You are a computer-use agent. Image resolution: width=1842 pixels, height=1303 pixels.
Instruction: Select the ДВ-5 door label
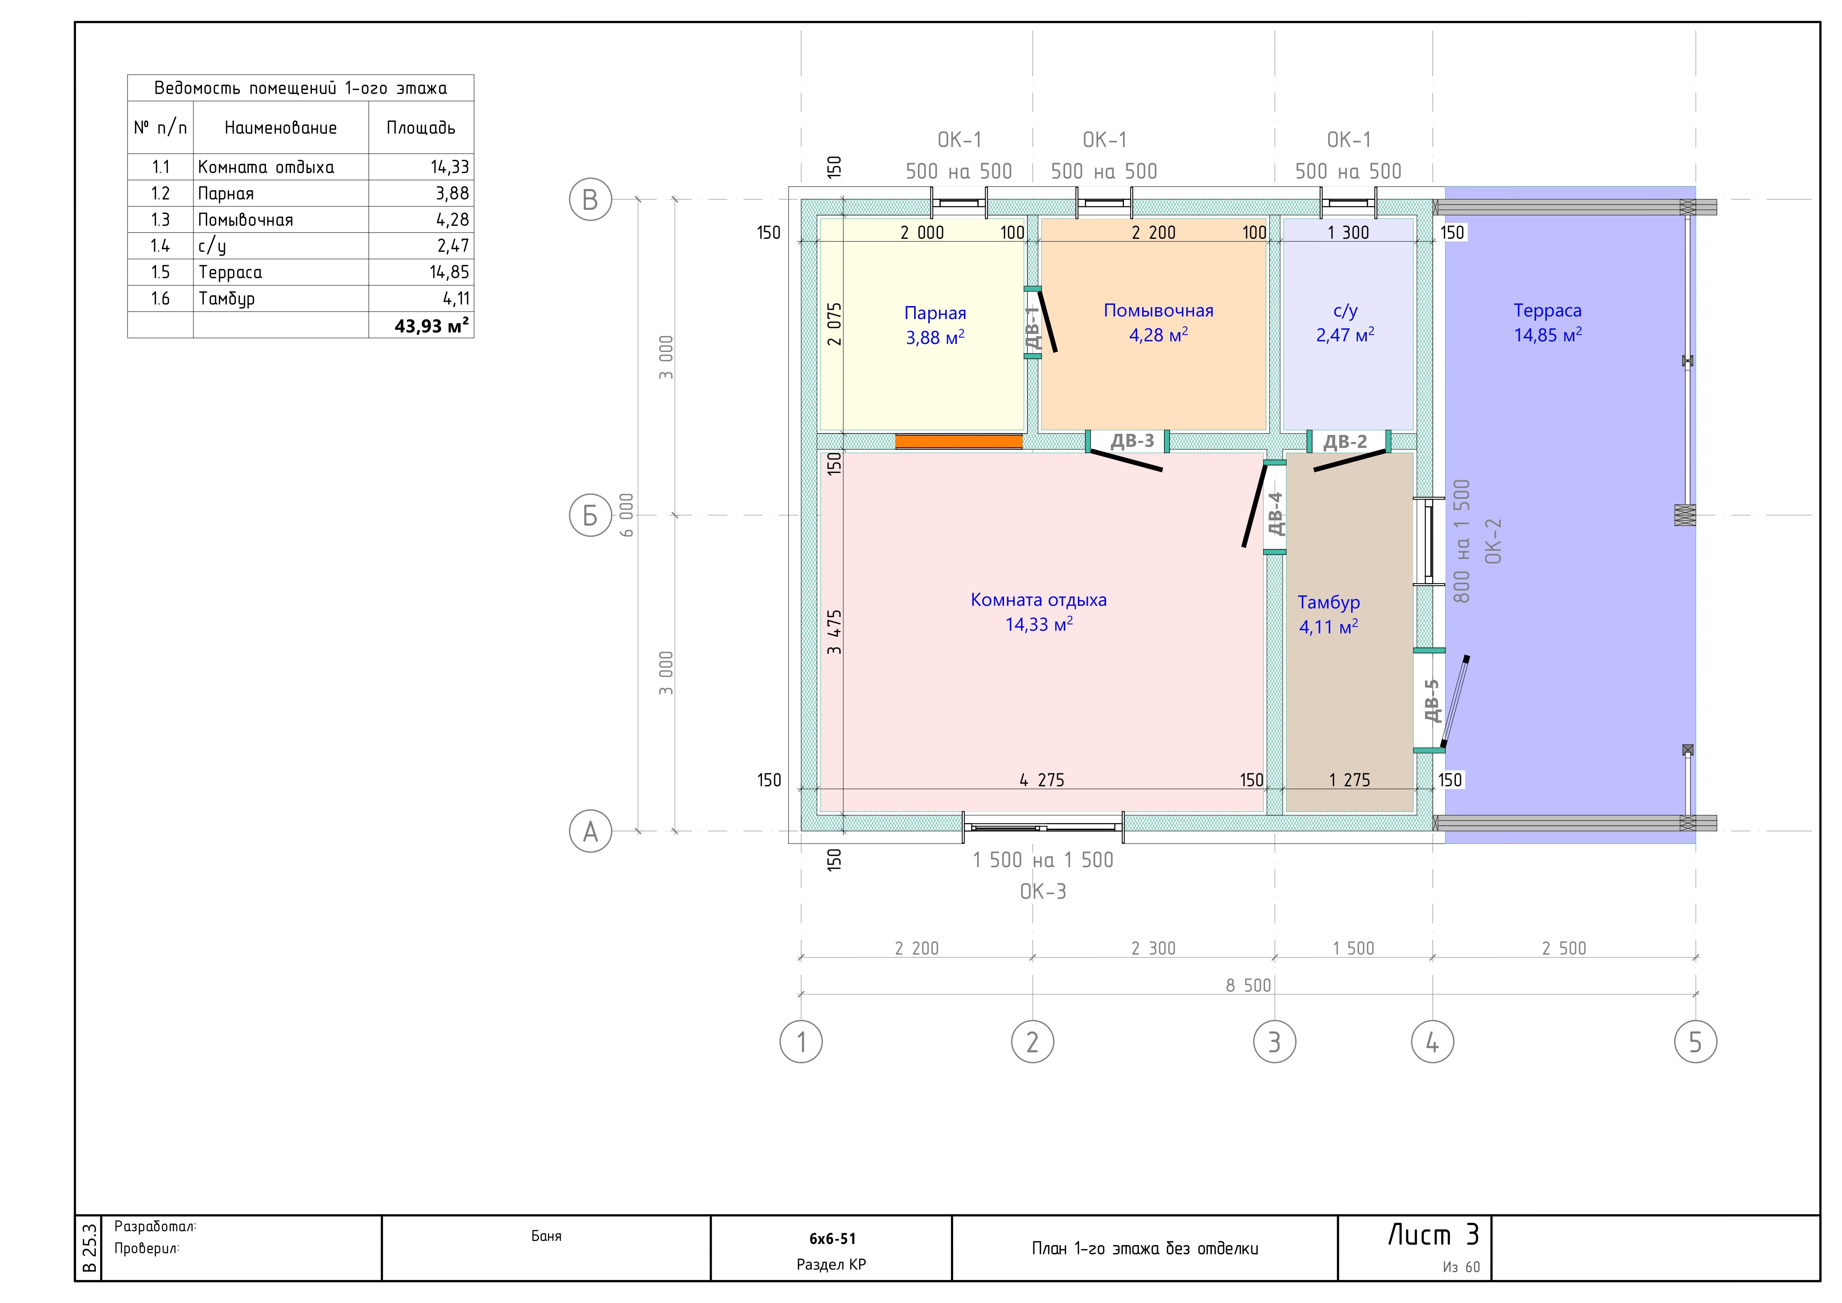point(1431,701)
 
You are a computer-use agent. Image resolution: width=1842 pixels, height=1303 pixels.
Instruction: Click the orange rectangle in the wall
point(959,441)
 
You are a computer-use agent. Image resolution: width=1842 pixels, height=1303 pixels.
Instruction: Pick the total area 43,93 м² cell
point(431,326)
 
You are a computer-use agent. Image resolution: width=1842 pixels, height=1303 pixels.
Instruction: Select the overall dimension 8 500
point(1248,985)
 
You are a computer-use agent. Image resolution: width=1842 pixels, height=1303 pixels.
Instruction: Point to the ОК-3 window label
point(1043,891)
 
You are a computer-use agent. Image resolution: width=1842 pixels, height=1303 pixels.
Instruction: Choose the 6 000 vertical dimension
point(627,515)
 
